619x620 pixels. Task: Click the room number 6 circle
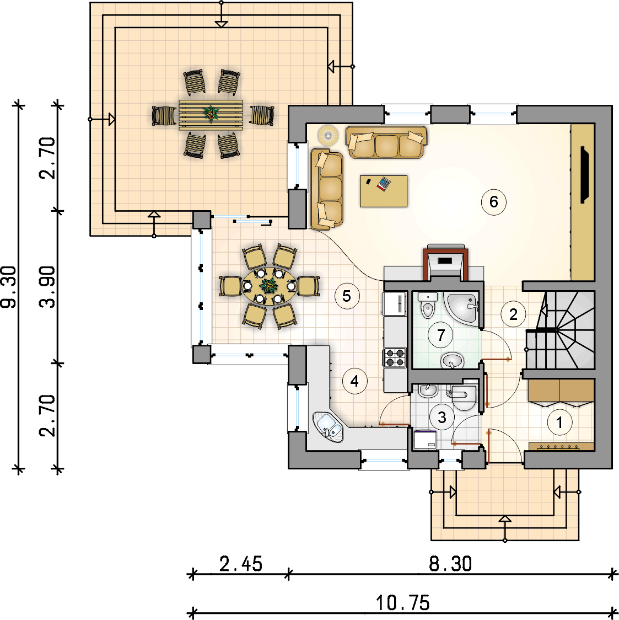[493, 202]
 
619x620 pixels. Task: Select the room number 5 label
[346, 296]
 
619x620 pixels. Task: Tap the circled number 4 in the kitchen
[354, 381]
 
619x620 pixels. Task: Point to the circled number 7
[440, 335]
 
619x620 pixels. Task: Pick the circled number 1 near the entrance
[559, 423]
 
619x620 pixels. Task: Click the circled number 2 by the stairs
[513, 314]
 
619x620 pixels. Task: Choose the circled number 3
[442, 417]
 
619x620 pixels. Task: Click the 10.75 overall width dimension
[402, 603]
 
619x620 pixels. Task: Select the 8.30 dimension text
[450, 564]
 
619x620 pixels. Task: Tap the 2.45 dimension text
[241, 564]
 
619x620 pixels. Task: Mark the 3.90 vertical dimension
[48, 287]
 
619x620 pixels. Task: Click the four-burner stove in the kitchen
[395, 358]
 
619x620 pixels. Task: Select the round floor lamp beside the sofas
[328, 135]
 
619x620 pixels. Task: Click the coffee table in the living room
[384, 191]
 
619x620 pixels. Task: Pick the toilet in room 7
[428, 307]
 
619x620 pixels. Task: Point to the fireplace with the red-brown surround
[445, 261]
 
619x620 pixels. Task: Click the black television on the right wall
[584, 175]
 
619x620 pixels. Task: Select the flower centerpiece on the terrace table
[211, 114]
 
